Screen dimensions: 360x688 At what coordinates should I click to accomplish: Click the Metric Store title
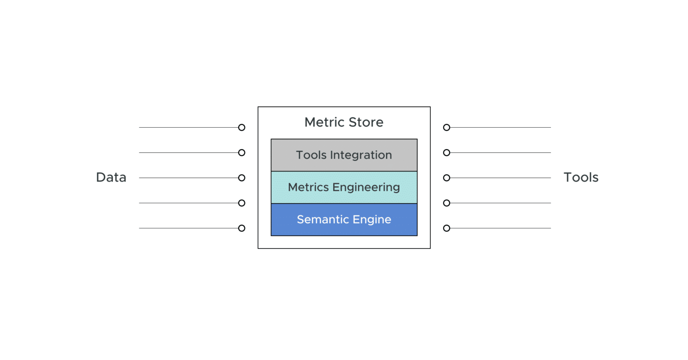344,122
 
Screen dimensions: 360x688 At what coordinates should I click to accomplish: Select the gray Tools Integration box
344,155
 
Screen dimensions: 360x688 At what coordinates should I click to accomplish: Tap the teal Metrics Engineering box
344,187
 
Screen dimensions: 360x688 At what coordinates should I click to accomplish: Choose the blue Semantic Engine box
344,219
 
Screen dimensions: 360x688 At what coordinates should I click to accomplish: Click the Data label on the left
111,177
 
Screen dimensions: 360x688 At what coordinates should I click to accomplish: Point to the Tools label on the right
580,177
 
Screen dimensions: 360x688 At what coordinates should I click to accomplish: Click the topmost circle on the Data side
241,128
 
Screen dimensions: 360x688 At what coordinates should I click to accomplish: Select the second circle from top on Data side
241,153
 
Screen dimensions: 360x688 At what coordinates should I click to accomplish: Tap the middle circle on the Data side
241,178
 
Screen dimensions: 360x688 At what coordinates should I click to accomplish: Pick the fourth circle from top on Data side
241,203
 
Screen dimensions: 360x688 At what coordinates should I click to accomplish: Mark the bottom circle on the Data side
241,228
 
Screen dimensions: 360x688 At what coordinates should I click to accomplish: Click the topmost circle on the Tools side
447,128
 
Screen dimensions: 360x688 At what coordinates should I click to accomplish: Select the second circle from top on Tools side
447,153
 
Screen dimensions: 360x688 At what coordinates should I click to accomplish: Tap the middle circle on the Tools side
447,178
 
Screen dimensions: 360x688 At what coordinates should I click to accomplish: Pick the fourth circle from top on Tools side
447,203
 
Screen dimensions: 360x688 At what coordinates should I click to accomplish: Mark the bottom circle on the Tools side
447,228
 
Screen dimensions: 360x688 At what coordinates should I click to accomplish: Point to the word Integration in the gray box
361,155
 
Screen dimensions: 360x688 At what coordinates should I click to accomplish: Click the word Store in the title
366,122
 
